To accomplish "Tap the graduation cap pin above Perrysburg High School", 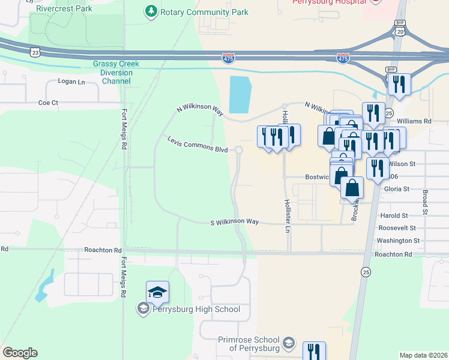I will coord(157,293).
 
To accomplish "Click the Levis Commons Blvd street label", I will coord(197,145).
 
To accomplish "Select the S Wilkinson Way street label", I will coord(234,221).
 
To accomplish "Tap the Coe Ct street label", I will coord(48,103).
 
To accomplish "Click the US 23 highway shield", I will coord(36,53).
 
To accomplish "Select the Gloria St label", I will coord(396,188).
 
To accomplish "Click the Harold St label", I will coord(394,215).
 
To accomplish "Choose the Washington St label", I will coord(399,241).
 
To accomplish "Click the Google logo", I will coord(20,353).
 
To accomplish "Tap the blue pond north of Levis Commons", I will coord(240,94).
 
